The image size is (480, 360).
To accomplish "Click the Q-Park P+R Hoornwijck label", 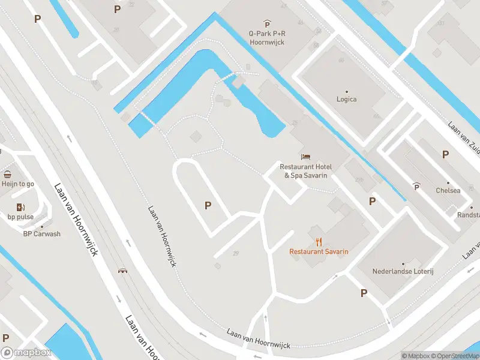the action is pos(267,38).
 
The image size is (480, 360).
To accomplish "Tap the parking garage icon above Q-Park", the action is pos(268,24).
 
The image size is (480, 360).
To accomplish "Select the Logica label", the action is pos(346,99).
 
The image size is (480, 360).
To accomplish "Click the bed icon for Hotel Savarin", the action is pos(306,157).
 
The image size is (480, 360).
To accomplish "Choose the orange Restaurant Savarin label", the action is pos(319,251).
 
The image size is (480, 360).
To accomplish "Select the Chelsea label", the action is pos(448,190).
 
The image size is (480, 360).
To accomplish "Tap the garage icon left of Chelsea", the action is pos(417,187).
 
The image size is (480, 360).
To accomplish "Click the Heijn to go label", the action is pos(17,184).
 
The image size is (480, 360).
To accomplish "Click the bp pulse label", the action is pos(20,217).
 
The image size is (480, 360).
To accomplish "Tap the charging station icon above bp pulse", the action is pos(20,207).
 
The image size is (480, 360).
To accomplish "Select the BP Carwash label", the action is pos(41,234).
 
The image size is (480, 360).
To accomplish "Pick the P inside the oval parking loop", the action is pos(208,205).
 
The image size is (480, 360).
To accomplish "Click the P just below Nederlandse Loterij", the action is pos(364,293).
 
